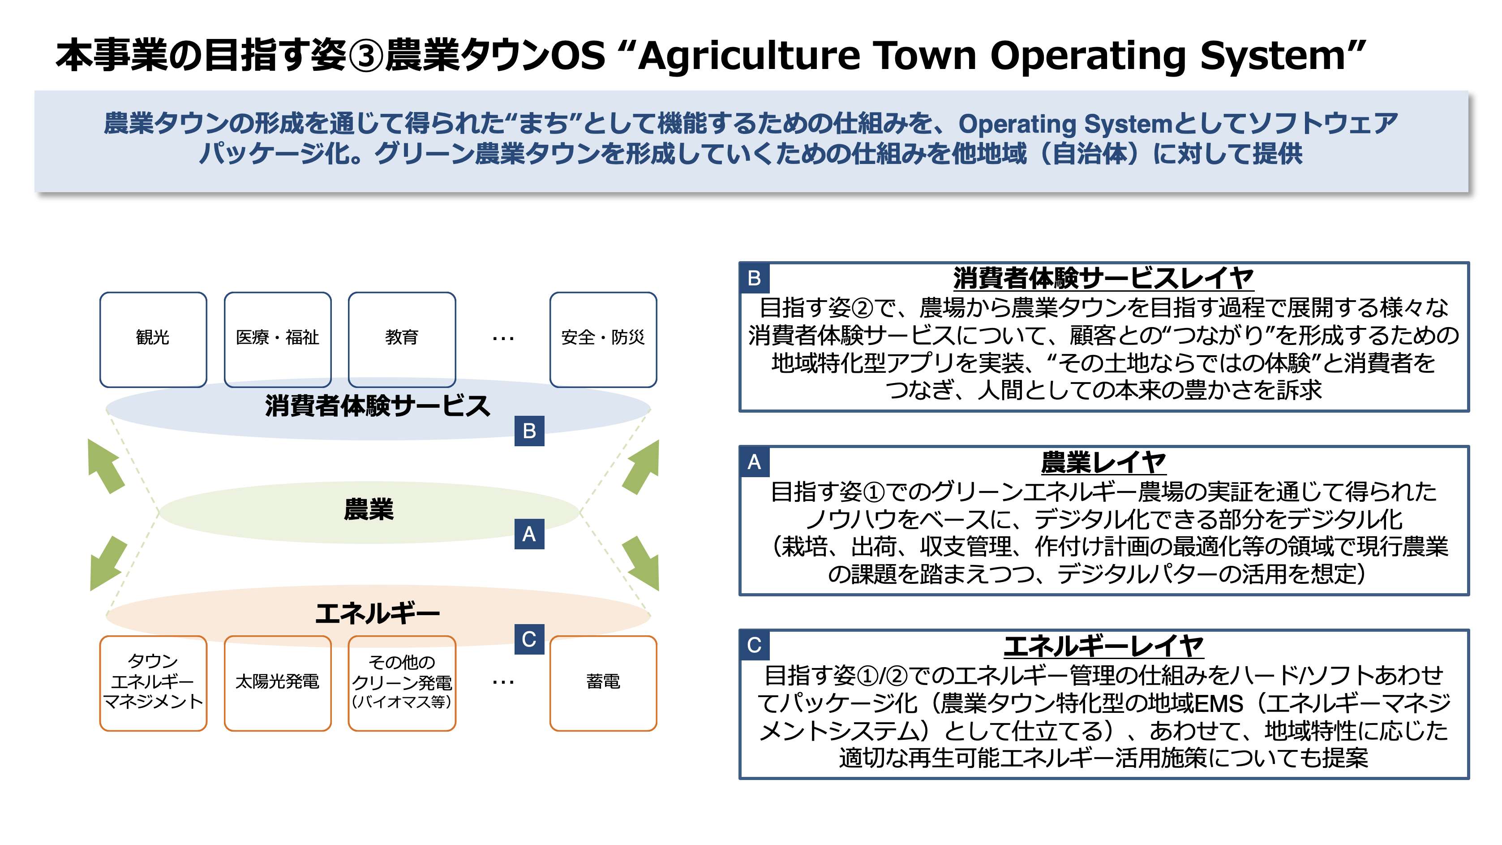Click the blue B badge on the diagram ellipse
[529, 431]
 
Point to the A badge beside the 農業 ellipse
[529, 534]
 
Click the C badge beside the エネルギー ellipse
[529, 639]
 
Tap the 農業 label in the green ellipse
[369, 509]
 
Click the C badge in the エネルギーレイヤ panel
[754, 645]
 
